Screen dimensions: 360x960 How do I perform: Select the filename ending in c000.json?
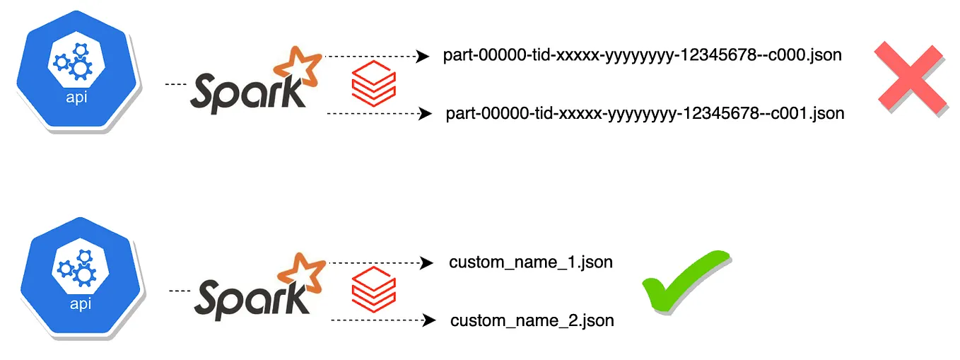click(642, 55)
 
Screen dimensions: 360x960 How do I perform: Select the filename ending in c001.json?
click(645, 113)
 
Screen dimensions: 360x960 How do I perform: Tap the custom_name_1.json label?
click(530, 262)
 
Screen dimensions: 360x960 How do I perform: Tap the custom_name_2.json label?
click(532, 320)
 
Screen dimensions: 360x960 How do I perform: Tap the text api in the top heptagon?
click(76, 98)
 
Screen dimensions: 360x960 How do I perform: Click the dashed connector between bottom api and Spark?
click(181, 291)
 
